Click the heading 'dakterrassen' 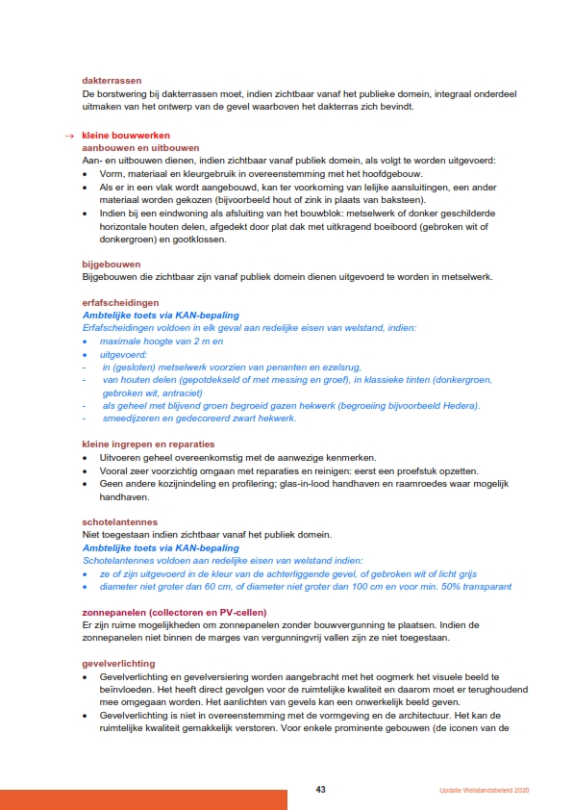click(x=112, y=81)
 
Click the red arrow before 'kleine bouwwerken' click(x=69, y=136)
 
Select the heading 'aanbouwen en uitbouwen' click(x=140, y=148)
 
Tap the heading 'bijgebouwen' click(x=112, y=264)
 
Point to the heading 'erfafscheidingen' click(x=119, y=302)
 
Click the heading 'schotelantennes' click(x=119, y=521)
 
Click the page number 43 click(x=321, y=790)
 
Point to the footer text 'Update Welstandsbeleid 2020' click(x=477, y=791)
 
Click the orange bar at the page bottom click(x=143, y=799)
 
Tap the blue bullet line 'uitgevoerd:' click(x=124, y=354)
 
